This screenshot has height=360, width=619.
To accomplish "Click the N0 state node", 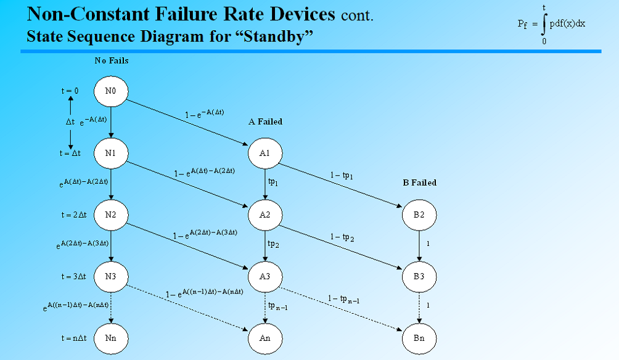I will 111,91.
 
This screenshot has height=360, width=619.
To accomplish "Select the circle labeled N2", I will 111,215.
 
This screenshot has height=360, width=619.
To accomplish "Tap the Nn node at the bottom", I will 111,338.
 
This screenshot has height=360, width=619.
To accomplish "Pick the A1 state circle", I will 265,153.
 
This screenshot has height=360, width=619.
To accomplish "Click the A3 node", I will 265,276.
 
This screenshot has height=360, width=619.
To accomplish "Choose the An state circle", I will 265,338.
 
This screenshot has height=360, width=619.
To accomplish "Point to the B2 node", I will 419,215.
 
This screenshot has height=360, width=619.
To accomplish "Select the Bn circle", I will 419,338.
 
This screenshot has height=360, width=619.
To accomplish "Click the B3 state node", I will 419,276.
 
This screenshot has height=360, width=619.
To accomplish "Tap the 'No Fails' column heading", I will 112,61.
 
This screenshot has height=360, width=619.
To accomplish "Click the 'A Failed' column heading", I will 266,122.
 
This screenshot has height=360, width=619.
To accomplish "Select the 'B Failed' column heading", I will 419,183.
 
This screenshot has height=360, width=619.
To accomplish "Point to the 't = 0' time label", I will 71,91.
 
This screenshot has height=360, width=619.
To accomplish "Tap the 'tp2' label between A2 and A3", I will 274,244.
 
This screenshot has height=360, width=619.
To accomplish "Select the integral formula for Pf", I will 551,24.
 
